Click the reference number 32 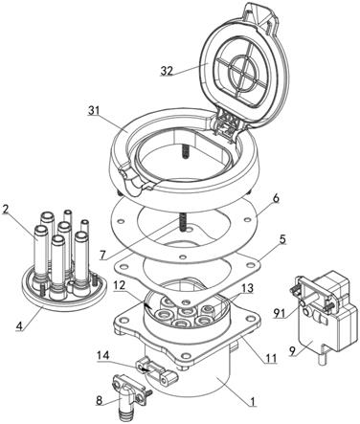167,71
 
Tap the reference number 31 94,111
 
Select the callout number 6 276,198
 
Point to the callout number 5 281,239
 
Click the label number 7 101,255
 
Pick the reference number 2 5,210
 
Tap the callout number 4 19,326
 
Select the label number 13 248,288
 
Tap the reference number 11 272,359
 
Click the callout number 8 100,400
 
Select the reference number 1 253,401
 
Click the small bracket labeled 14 156,371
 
